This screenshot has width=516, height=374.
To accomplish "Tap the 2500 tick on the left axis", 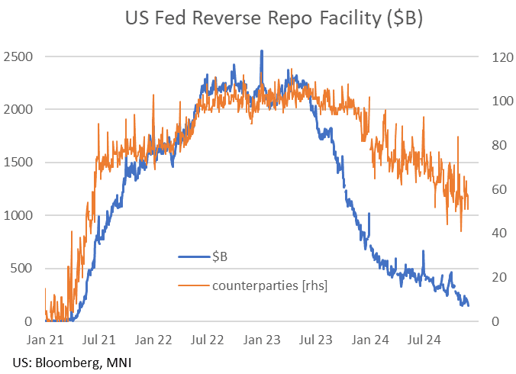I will (x=20, y=56).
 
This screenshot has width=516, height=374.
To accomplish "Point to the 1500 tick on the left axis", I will (x=20, y=163).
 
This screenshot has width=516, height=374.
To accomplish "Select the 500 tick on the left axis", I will (x=23, y=269).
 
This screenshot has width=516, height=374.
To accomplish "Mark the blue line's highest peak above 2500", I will (x=262, y=51).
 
